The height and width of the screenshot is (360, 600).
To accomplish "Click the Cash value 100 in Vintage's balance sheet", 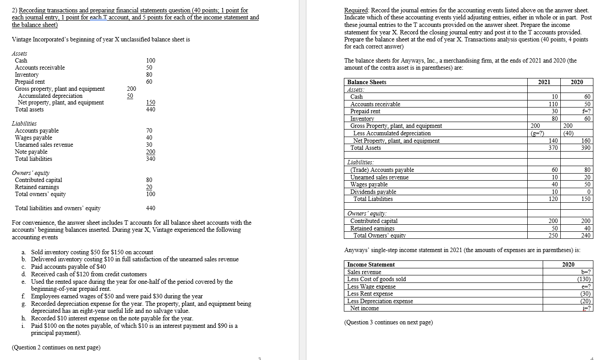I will pyautogui.click(x=150, y=60).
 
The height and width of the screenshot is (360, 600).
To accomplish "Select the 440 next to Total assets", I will pyautogui.click(x=150, y=110).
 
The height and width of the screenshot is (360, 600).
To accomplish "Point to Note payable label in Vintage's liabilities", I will pyautogui.click(x=31, y=152).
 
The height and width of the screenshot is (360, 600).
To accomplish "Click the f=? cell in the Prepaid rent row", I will pyautogui.click(x=586, y=111).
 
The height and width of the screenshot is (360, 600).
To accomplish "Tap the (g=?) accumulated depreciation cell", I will pyautogui.click(x=536, y=134).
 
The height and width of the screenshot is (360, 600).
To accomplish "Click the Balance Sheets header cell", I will pyautogui.click(x=367, y=82).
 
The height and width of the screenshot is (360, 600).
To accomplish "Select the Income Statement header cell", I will pyautogui.click(x=371, y=265).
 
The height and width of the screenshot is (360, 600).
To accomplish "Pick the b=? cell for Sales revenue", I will pyautogui.click(x=586, y=272).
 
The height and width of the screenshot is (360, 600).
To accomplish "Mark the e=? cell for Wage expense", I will pyautogui.click(x=586, y=287).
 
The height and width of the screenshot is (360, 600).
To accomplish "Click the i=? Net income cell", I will pyautogui.click(x=586, y=308).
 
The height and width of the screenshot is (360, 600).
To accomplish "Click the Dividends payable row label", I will pyautogui.click(x=373, y=192).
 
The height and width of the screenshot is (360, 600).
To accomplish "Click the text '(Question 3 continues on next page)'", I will pyautogui.click(x=388, y=323).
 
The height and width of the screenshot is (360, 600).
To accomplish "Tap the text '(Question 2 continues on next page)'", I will pyautogui.click(x=56, y=348).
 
